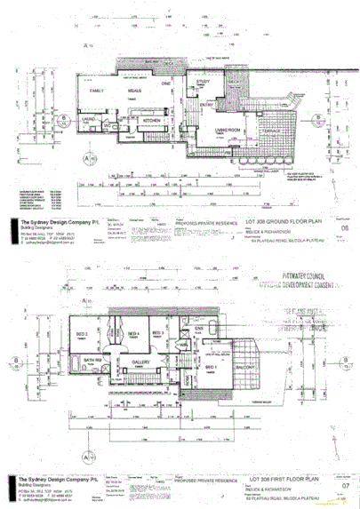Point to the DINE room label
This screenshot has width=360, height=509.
coord(165,84)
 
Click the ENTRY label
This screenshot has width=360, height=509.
coord(207,106)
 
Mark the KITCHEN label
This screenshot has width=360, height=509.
coord(151,119)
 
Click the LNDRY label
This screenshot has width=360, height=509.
coord(90,118)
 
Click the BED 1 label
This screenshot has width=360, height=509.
coord(211,365)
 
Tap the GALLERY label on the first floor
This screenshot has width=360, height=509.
coord(142,362)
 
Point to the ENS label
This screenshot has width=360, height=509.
coord(201,328)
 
